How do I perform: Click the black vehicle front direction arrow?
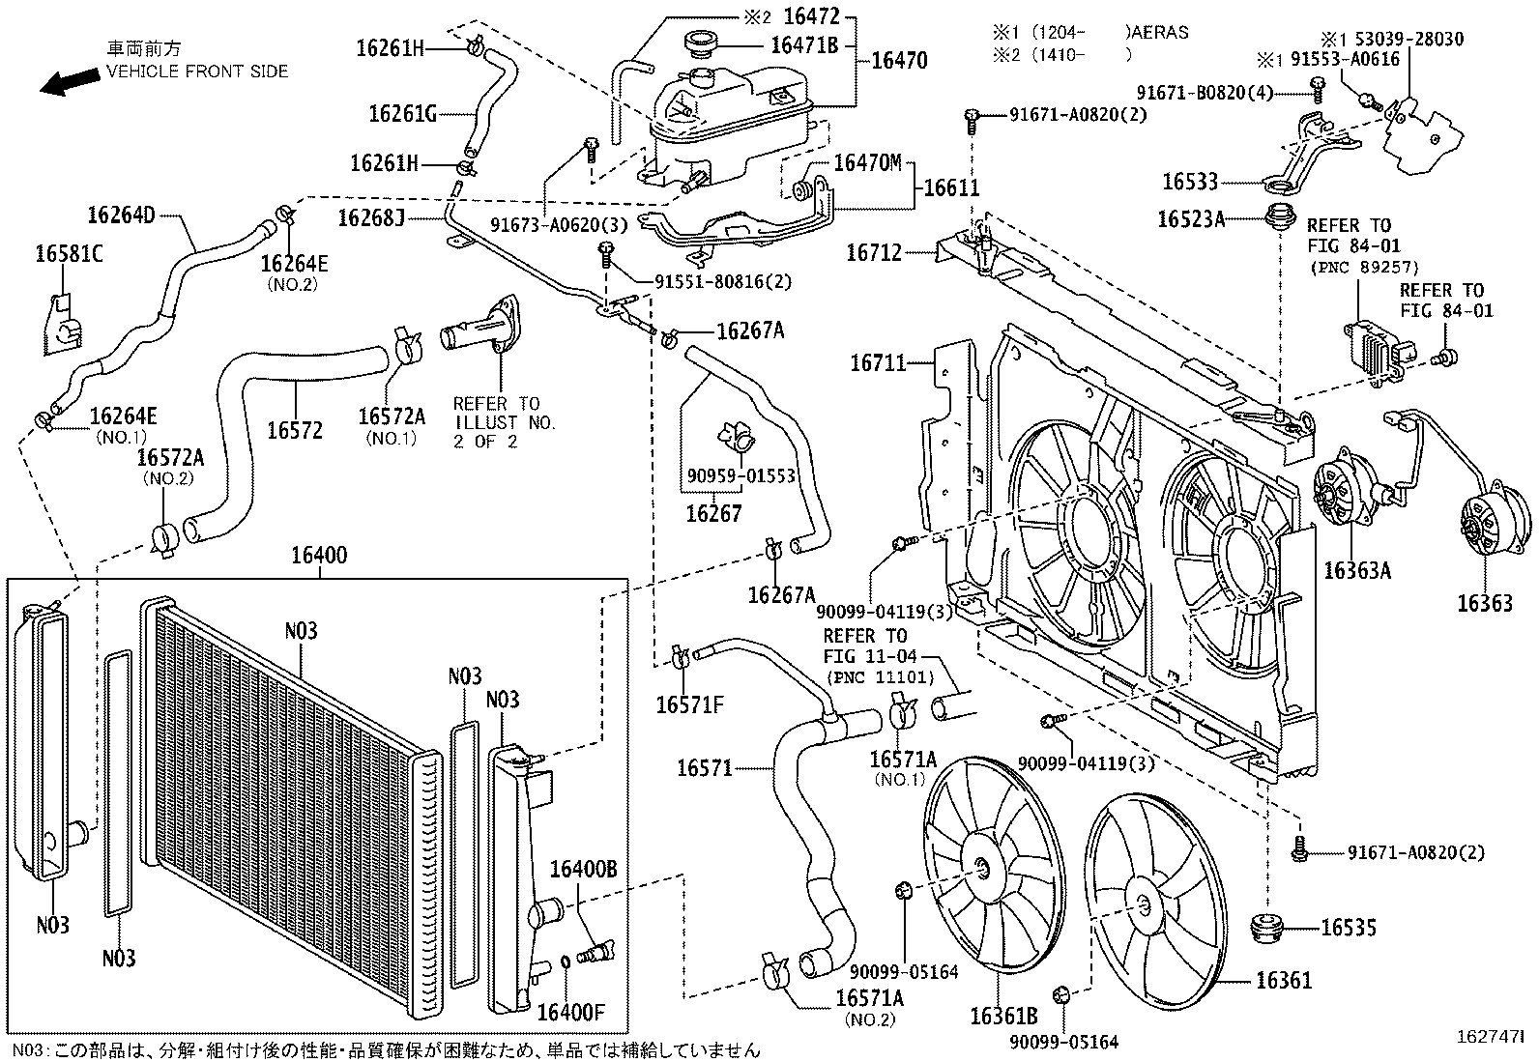tap(70, 83)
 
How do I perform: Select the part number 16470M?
tap(867, 162)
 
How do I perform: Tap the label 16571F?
tap(689, 704)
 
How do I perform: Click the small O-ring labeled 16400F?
tap(566, 962)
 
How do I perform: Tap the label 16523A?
tap(1191, 219)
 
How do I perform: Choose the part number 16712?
tap(873, 253)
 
